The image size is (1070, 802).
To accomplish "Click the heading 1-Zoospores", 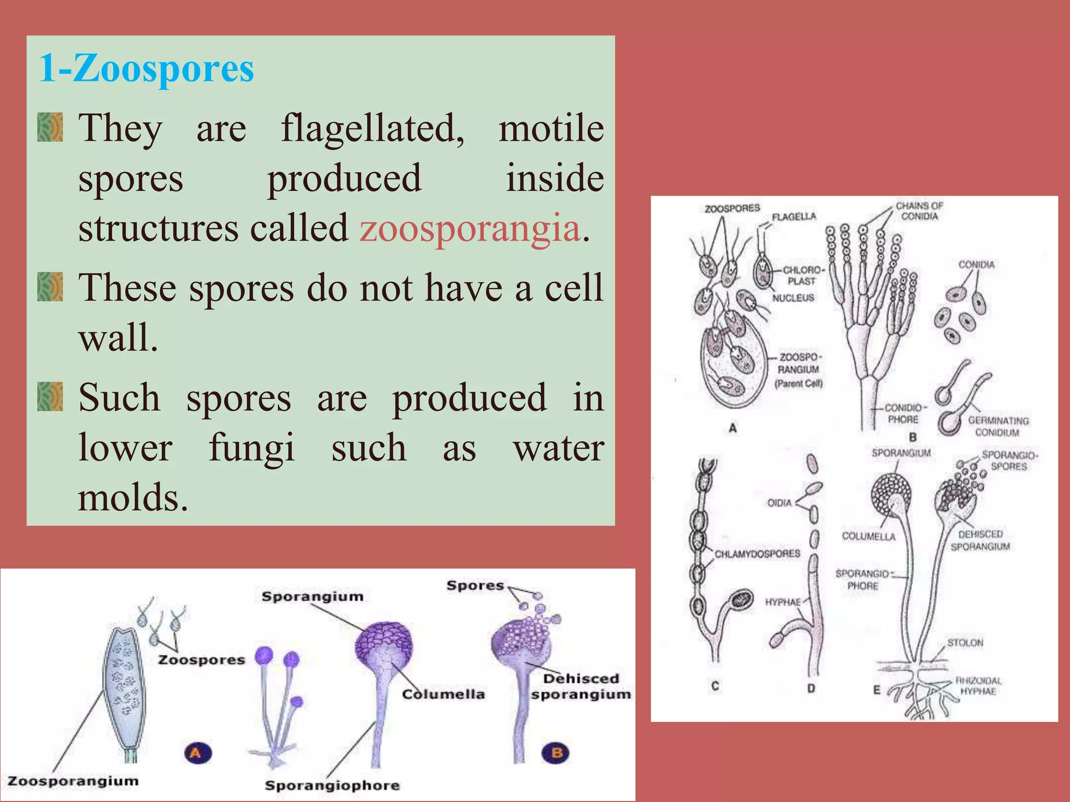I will click(x=146, y=68).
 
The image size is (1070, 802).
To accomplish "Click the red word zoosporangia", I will click(x=470, y=228).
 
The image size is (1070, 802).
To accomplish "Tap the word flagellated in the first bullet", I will click(x=372, y=128).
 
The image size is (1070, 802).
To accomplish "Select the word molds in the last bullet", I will click(x=132, y=497).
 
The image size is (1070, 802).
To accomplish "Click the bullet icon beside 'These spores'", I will click(x=50, y=287).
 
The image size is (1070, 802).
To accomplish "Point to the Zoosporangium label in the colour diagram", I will click(x=73, y=781).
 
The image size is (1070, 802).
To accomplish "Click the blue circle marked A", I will click(x=197, y=753).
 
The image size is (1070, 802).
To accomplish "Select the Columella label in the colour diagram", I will click(x=443, y=694).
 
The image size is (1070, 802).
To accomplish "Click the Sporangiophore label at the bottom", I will click(x=332, y=785).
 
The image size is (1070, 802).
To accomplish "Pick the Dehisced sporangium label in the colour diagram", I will click(x=581, y=686).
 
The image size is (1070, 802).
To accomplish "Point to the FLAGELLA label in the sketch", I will click(x=794, y=217).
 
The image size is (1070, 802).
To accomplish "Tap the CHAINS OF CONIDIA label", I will click(x=920, y=211).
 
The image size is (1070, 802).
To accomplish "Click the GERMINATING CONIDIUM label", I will click(x=998, y=426).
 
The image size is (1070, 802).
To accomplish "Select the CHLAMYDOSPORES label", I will click(x=757, y=553).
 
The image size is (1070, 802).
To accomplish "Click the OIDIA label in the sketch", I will click(x=779, y=503).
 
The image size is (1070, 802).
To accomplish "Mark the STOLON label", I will click(x=965, y=643).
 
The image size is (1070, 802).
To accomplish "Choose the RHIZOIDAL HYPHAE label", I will click(x=978, y=686).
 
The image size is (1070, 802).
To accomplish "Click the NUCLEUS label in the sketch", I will click(x=793, y=298).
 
